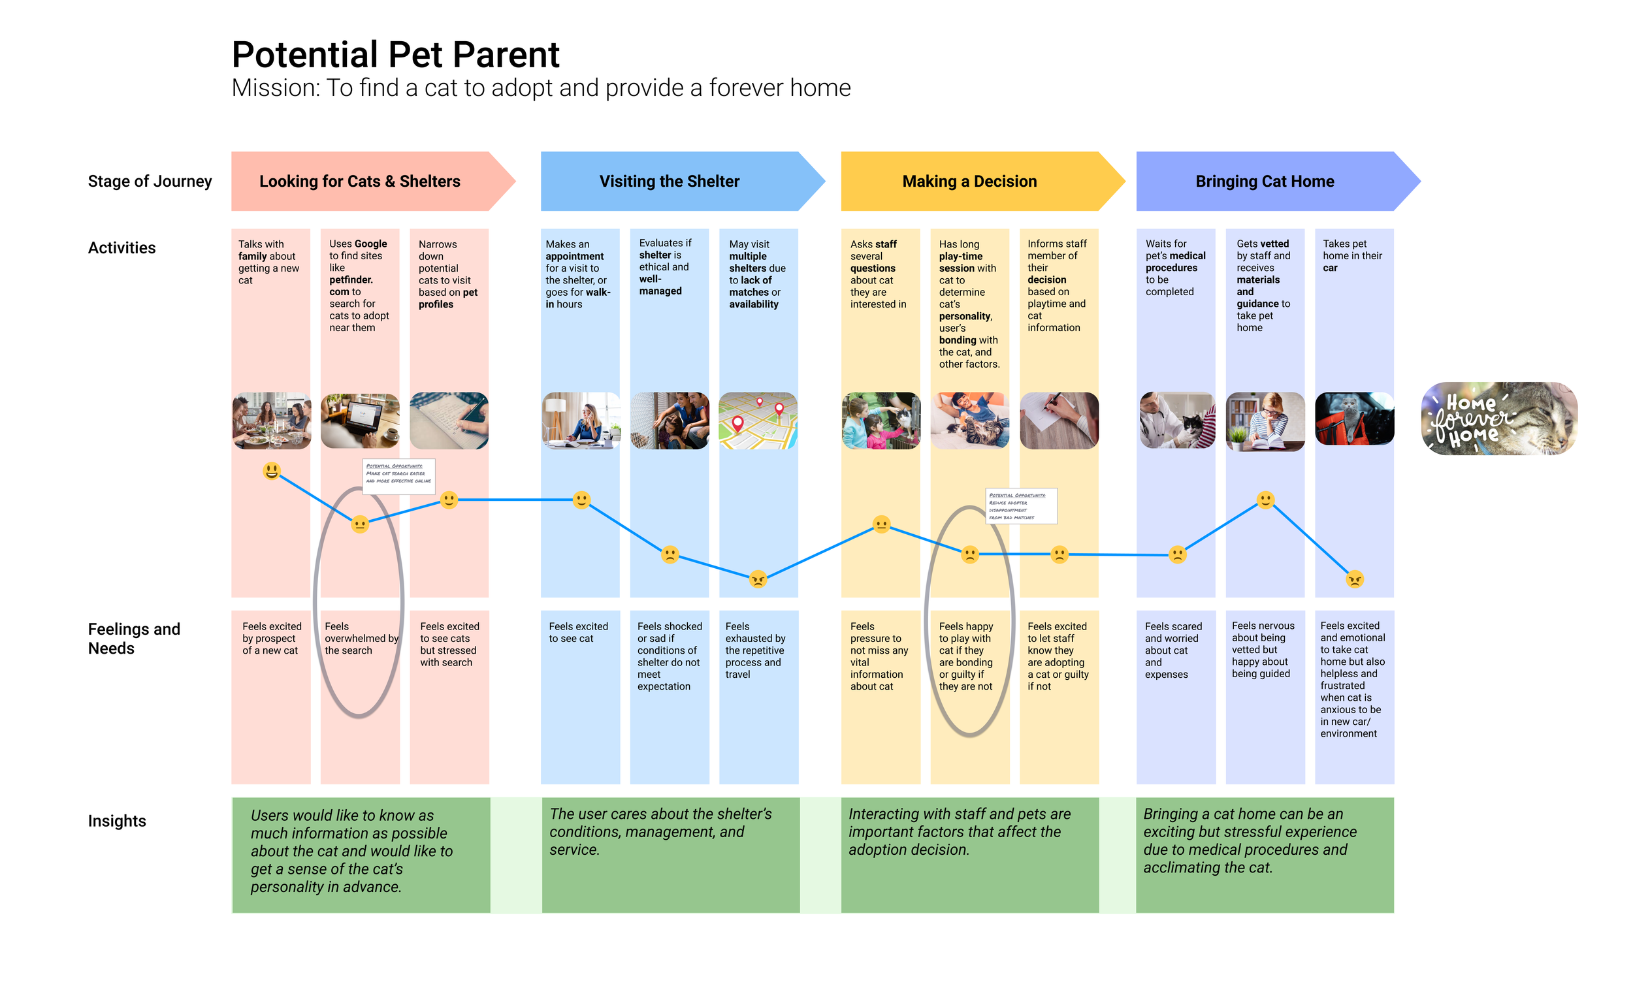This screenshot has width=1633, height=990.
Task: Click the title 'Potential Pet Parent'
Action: click(395, 54)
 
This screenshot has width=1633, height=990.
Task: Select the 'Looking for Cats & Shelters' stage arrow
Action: click(360, 182)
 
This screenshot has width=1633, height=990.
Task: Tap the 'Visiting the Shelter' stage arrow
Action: click(670, 182)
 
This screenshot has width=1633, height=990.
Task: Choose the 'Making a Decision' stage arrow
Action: click(969, 182)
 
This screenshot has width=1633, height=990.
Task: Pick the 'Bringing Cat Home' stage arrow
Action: click(1264, 182)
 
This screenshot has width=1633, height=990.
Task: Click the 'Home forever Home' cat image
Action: click(1498, 418)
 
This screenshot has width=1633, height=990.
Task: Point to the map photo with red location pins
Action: click(758, 421)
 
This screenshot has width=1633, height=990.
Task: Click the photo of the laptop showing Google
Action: click(360, 421)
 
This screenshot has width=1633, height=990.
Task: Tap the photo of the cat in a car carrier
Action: click(1354, 419)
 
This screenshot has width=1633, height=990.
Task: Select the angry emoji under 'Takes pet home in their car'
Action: click(1355, 580)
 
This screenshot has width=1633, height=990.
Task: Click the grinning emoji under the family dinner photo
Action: click(272, 471)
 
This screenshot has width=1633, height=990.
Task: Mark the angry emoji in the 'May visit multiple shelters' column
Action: click(758, 580)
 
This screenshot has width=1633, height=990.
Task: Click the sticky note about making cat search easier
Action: click(398, 476)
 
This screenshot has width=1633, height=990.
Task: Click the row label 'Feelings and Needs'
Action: click(134, 638)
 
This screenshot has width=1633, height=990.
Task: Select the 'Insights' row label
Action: click(117, 821)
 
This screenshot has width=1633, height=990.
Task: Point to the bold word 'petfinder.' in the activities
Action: click(351, 279)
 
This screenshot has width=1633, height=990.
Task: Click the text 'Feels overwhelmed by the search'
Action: click(361, 638)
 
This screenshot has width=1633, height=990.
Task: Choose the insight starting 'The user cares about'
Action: click(660, 831)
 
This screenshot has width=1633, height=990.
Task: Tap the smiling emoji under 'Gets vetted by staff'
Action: click(1265, 500)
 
